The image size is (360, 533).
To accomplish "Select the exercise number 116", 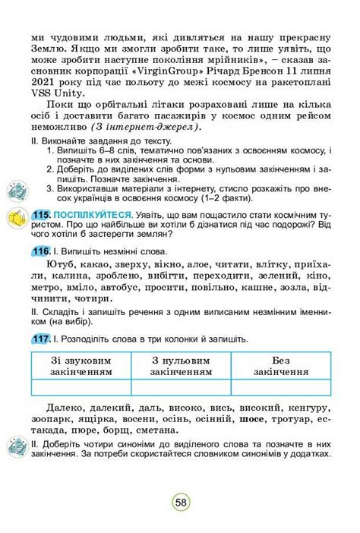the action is coord(43,251).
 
